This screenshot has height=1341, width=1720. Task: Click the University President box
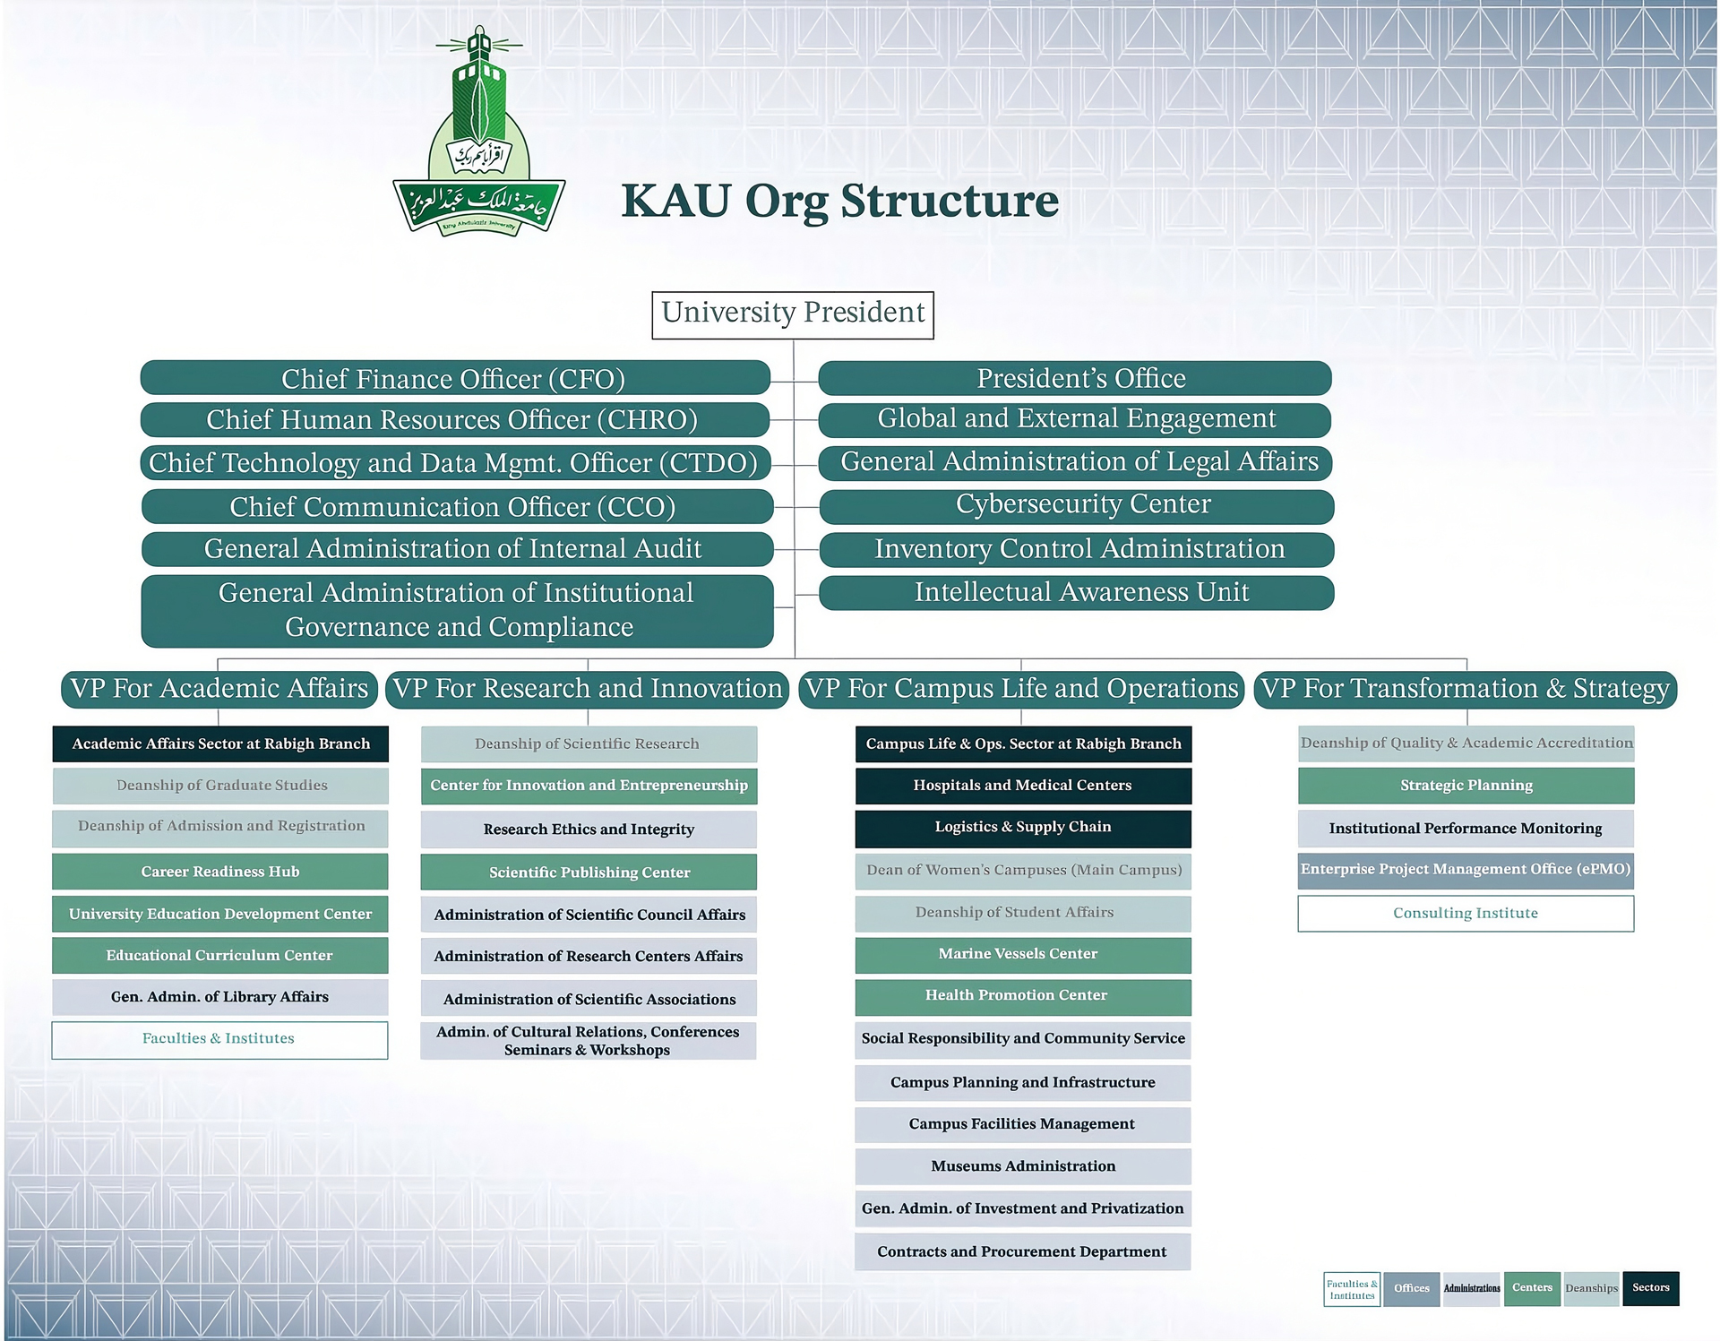pyautogui.click(x=793, y=314)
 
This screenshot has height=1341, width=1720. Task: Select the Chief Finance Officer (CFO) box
pyautogui.click(x=455, y=378)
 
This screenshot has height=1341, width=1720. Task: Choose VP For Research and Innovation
pyautogui.click(x=588, y=689)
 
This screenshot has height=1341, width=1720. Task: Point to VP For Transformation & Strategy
pyautogui.click(x=1465, y=689)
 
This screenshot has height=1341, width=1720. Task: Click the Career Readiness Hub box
pyautogui.click(x=220, y=872)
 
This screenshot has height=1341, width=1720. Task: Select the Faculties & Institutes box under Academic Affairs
pyautogui.click(x=219, y=1039)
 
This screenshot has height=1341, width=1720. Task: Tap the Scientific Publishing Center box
pyautogui.click(x=589, y=873)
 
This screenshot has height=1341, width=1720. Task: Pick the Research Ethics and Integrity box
pyautogui.click(x=589, y=830)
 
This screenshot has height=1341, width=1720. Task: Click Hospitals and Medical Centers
pyautogui.click(x=1023, y=786)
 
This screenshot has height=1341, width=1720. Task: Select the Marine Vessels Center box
pyautogui.click(x=1023, y=955)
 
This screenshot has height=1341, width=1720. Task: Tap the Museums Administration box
pyautogui.click(x=1023, y=1166)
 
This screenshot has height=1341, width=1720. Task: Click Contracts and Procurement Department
pyautogui.click(x=1023, y=1252)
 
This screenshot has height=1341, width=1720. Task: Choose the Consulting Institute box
pyautogui.click(x=1466, y=914)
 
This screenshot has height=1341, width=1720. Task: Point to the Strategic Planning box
pyautogui.click(x=1466, y=786)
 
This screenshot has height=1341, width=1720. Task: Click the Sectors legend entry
pyautogui.click(x=1650, y=1288)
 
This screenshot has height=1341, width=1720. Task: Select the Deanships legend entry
pyautogui.click(x=1591, y=1289)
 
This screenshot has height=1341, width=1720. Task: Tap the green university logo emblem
pyautogui.click(x=479, y=134)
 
